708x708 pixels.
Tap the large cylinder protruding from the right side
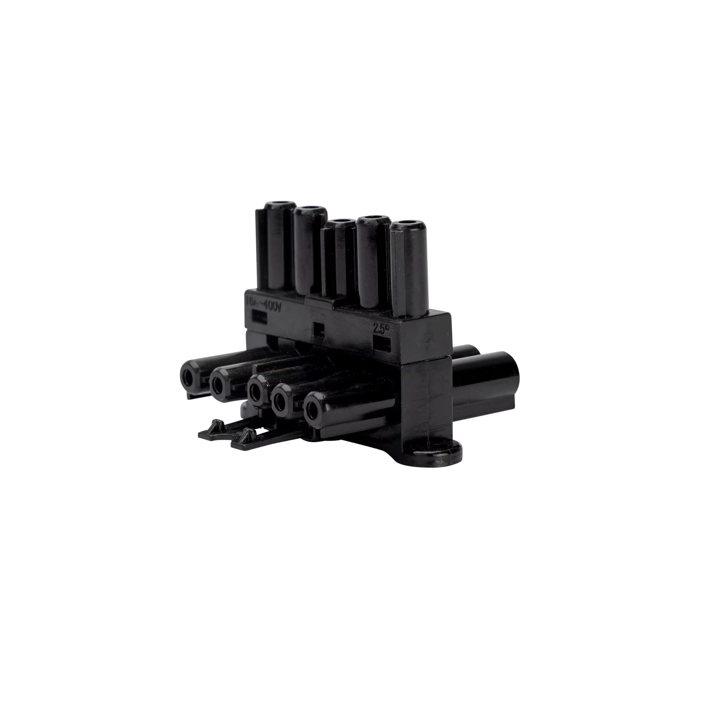(x=487, y=381)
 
